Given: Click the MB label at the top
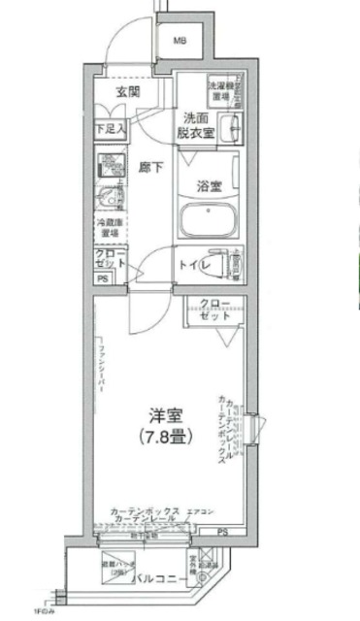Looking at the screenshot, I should [x=180, y=42].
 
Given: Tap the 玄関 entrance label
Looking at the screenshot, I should [x=128, y=94].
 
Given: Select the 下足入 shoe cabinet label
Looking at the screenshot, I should [x=110, y=128].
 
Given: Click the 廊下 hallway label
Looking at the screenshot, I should [x=149, y=166].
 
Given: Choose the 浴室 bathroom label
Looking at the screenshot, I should [x=209, y=184].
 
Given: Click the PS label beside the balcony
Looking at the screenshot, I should [x=223, y=532].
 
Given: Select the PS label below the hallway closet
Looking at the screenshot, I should [x=102, y=280].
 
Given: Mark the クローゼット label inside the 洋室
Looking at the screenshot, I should [x=215, y=310].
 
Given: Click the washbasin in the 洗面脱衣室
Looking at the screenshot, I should [x=231, y=128].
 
